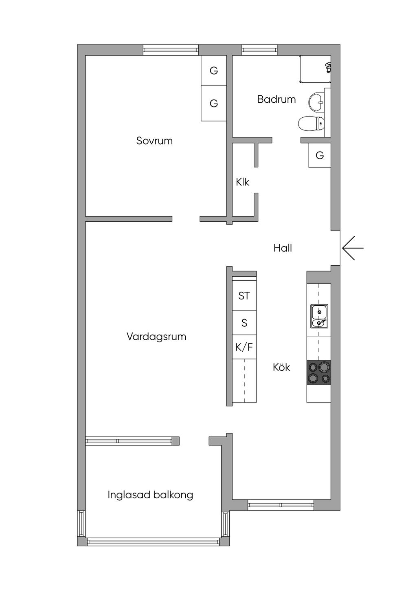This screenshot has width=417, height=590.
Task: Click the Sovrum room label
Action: coord(154,141)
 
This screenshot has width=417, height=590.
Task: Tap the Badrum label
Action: coord(276,99)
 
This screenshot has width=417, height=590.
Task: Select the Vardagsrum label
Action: coord(156,337)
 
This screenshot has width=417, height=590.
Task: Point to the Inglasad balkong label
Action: coord(150,495)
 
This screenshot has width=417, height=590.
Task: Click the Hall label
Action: coord(283,248)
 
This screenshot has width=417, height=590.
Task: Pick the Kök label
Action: coord(281,367)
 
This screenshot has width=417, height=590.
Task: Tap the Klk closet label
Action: coord(242,182)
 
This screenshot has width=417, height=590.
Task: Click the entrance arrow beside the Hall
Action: coord(352,248)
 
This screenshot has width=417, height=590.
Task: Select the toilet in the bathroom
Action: coord(311,123)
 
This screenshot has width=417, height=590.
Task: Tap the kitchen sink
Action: coord(319,316)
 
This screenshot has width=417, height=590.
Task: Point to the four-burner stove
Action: coord(318,372)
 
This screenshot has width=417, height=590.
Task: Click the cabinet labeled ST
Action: coord(244,296)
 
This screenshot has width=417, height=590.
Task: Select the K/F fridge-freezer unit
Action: coord(244,347)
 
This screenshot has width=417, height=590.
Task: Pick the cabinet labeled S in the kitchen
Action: coord(244,323)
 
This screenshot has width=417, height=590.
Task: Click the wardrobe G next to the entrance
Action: coord(320,155)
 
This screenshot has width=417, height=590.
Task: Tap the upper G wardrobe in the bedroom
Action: coord(214,70)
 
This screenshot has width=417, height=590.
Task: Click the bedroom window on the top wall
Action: coord(171,50)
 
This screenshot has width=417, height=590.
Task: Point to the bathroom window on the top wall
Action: coord(259,50)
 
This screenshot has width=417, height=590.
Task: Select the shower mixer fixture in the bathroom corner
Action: coord(328,67)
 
